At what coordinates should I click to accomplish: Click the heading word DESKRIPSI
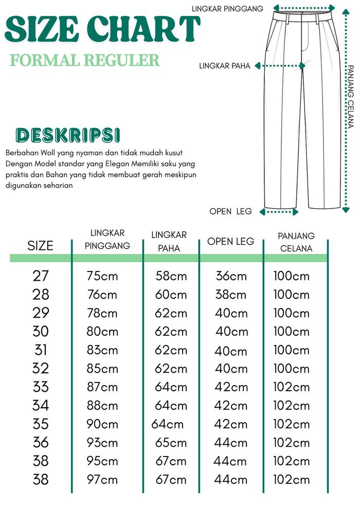(x=68, y=135)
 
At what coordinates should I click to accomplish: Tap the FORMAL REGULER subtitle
(x=85, y=60)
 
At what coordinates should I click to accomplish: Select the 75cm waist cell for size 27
(x=102, y=276)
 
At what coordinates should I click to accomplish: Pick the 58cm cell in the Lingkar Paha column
(x=171, y=276)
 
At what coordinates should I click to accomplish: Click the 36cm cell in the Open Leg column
(x=231, y=276)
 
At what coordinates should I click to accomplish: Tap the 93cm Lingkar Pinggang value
(x=102, y=443)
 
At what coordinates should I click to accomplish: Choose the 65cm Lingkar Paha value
(x=171, y=443)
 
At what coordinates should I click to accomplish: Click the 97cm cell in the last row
(x=102, y=480)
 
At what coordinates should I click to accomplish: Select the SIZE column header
(x=40, y=245)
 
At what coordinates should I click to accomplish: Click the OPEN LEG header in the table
(x=230, y=241)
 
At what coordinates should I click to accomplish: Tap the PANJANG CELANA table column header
(x=296, y=242)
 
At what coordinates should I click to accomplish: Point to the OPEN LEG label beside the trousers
(x=230, y=211)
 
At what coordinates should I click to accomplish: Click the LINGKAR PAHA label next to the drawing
(x=225, y=66)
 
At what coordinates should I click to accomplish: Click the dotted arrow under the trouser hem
(x=279, y=211)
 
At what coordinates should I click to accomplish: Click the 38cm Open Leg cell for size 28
(x=231, y=295)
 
